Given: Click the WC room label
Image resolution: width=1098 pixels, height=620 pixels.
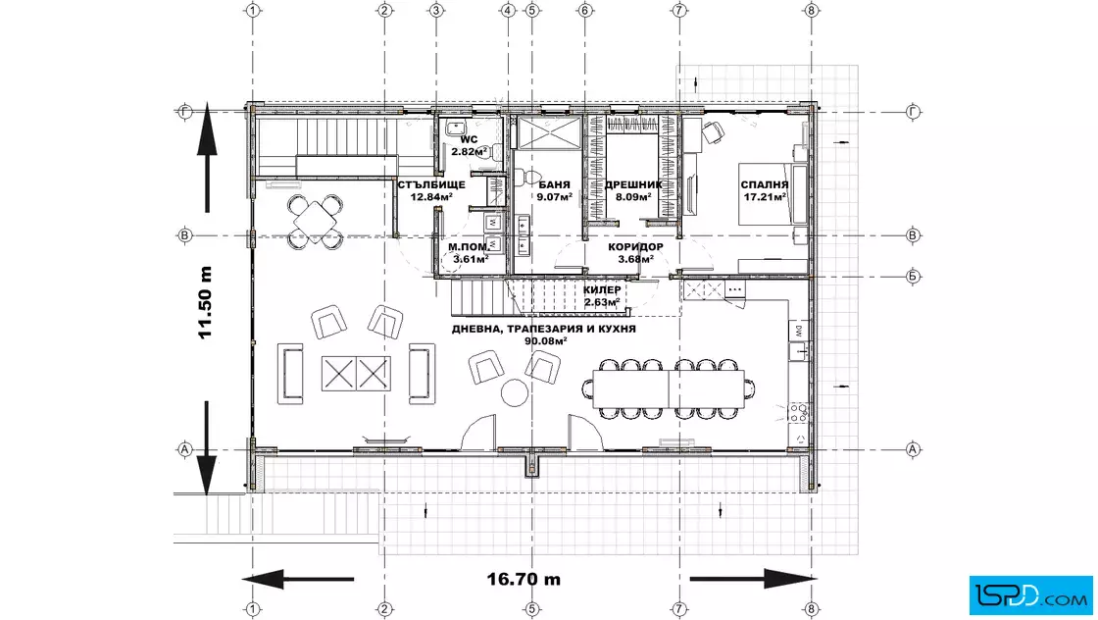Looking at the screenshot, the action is [x=469, y=140].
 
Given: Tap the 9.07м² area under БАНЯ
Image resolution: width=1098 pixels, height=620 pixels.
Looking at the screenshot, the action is [x=555, y=197].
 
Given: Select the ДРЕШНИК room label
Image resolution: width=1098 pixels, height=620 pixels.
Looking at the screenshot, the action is [x=633, y=185].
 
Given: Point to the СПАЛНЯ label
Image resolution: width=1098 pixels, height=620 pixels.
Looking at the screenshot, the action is [x=765, y=185].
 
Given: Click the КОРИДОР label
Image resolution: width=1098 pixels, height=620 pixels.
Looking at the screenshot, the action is [x=636, y=247].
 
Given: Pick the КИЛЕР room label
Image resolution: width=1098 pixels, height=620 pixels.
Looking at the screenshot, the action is [x=602, y=290].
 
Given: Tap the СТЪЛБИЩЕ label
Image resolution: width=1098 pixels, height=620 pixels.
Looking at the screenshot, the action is [x=431, y=185].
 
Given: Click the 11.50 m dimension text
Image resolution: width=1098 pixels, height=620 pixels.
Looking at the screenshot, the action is [x=205, y=303].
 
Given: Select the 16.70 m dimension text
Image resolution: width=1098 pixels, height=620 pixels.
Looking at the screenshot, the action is [x=524, y=580].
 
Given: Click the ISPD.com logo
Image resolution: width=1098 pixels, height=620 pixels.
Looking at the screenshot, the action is [x=1030, y=595].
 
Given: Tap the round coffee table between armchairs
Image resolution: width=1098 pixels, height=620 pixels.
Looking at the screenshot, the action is [x=515, y=392].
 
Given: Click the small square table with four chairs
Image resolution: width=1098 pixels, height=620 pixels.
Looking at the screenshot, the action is [x=315, y=222].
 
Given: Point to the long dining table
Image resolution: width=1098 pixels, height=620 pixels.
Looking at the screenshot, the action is [x=669, y=388].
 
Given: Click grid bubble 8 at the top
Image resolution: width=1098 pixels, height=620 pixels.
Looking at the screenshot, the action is [x=812, y=11].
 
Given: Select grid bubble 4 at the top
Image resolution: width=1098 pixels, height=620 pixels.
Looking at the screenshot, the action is [x=509, y=11].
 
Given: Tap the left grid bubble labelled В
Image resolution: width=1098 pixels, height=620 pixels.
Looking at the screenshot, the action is [x=185, y=235].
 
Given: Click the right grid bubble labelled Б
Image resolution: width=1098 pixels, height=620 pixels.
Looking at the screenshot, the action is [x=913, y=276].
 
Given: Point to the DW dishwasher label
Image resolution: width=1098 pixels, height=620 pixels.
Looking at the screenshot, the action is [x=798, y=330].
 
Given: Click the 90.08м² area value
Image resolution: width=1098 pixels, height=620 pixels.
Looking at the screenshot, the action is [x=545, y=341].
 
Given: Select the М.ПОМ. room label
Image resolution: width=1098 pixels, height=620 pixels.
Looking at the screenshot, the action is [x=469, y=247].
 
